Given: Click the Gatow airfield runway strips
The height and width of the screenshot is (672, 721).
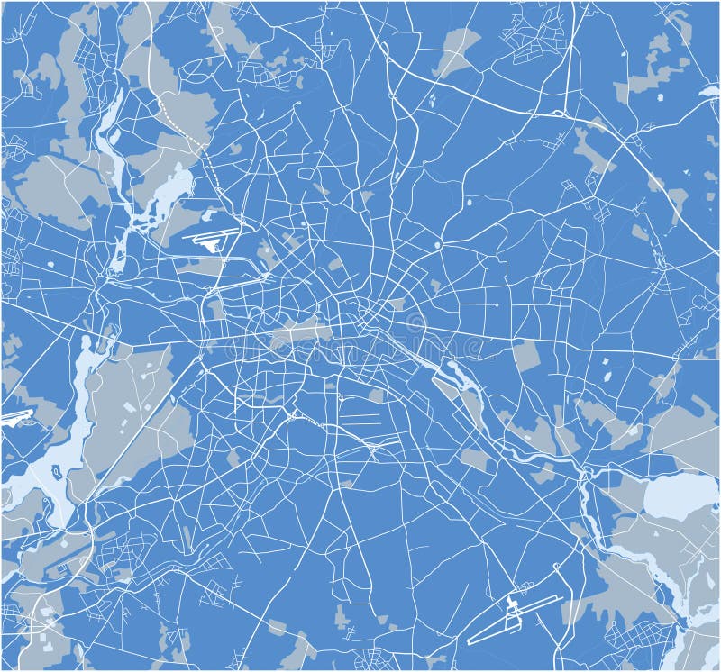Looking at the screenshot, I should (16, 417).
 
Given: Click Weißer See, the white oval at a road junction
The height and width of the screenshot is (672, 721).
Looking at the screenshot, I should (438, 244).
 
